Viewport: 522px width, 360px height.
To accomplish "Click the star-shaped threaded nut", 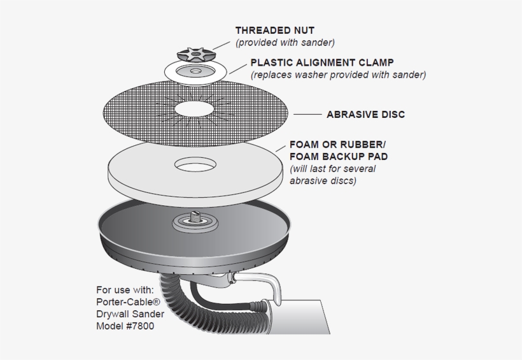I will coord(195,51).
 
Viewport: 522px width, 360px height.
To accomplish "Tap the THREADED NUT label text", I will coord(275,30).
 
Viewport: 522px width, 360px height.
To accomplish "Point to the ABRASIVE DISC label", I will coord(365,115).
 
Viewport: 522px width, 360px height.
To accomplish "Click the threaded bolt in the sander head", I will coord(195,217).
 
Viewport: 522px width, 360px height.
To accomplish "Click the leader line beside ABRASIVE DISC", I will coord(307,115).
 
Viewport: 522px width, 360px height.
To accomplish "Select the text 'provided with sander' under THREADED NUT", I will coord(285,43).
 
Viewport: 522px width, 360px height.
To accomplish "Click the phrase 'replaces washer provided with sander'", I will coord(338,75).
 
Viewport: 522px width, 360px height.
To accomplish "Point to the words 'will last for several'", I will coord(332,169).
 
